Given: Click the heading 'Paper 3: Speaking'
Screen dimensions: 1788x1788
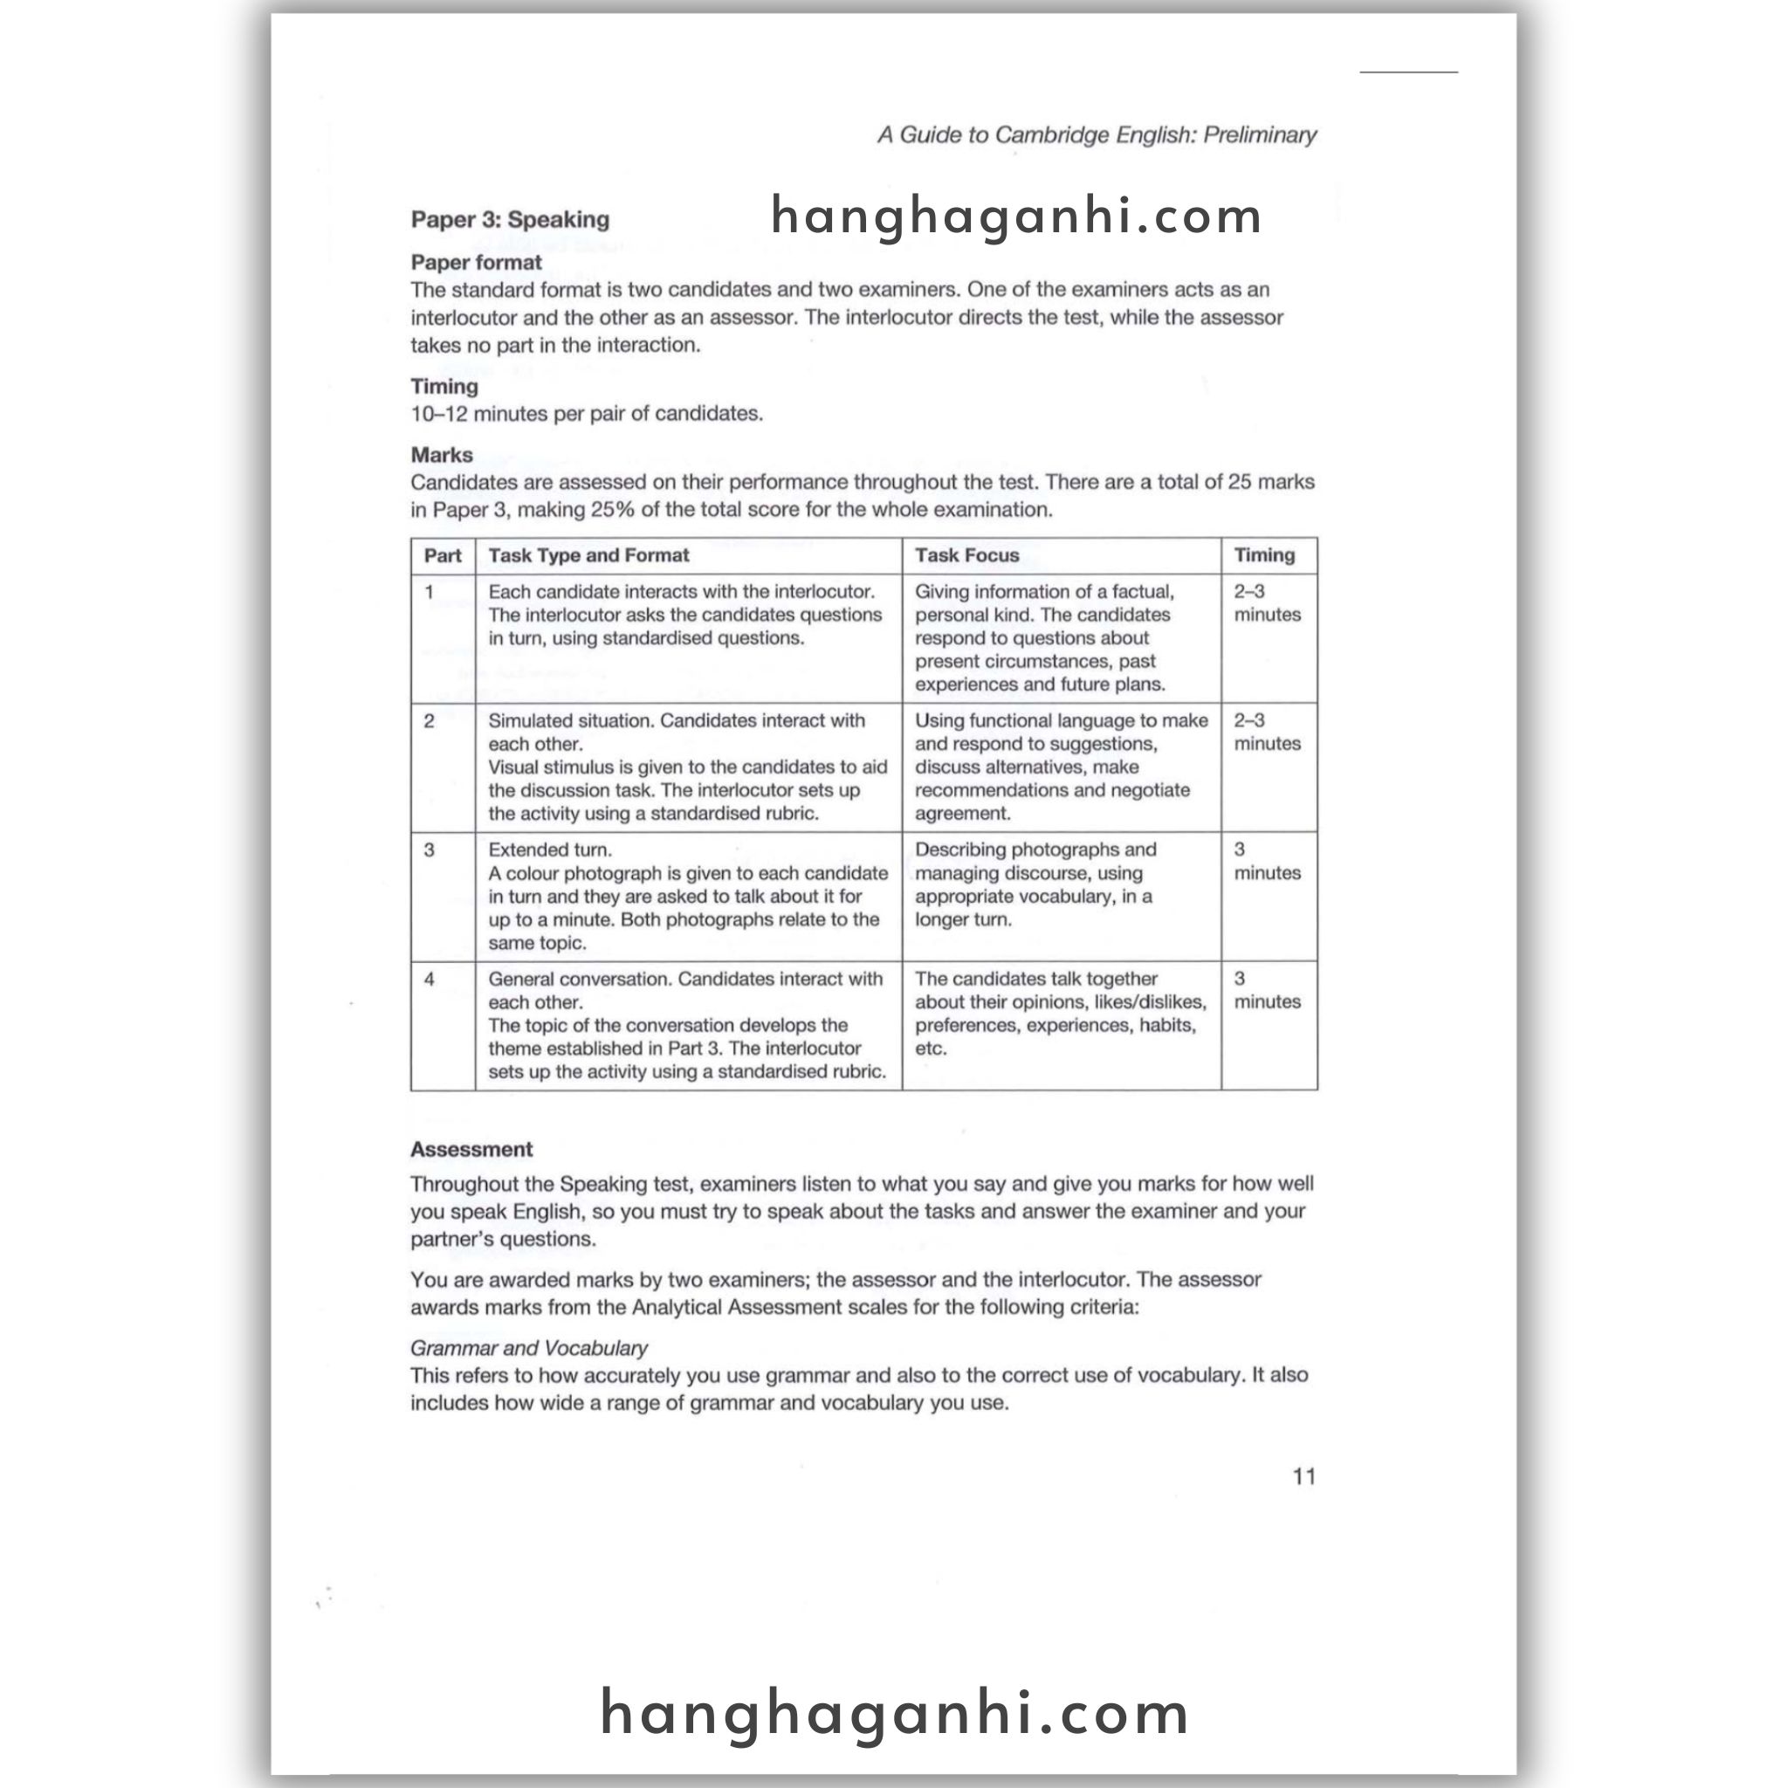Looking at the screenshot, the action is click(x=510, y=219).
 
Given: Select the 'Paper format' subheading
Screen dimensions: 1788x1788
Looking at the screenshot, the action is click(x=476, y=263).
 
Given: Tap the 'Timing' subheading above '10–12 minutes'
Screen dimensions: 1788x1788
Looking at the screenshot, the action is click(x=444, y=386).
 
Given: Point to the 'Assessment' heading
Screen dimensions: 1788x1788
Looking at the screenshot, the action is click(x=471, y=1150).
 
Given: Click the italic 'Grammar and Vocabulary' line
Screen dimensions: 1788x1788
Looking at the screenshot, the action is click(x=528, y=1347).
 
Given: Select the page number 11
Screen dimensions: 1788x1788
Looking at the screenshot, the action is click(x=1304, y=1476).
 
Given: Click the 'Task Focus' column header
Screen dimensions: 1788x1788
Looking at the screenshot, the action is click(x=966, y=555).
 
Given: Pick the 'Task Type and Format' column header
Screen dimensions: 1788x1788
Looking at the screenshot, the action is click(x=588, y=555).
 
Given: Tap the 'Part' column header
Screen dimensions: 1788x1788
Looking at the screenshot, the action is click(x=443, y=555).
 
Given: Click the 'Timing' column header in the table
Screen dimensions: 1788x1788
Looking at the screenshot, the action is click(x=1263, y=555).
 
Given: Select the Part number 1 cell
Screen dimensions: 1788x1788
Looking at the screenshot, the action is click(x=430, y=592).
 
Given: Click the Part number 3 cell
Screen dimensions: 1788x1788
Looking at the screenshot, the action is click(x=430, y=849).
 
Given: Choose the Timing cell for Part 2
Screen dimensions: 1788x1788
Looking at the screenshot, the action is click(x=1266, y=732).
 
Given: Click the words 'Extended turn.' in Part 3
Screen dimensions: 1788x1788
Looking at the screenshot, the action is click(x=550, y=849).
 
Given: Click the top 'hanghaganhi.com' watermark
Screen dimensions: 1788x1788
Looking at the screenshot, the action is click(x=1016, y=217).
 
